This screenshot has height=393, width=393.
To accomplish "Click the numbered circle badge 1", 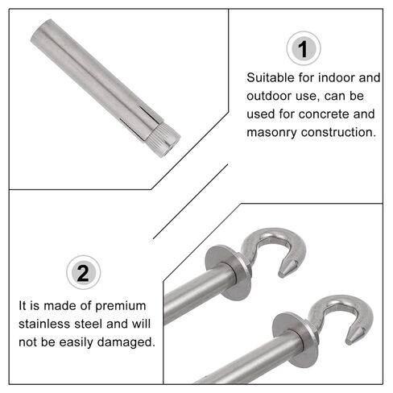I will point(303,51).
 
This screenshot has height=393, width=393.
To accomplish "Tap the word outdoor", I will point(271,96).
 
